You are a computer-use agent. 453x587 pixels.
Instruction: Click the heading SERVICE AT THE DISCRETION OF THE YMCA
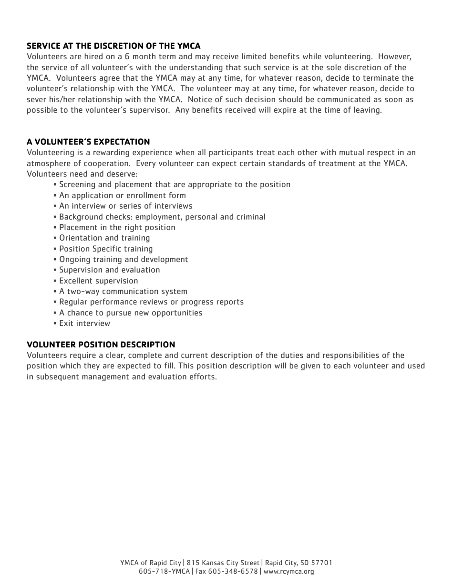click(113, 46)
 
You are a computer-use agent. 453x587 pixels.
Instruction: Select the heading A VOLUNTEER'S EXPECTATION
click(88, 142)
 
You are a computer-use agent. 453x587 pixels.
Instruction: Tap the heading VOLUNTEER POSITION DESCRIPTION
click(101, 345)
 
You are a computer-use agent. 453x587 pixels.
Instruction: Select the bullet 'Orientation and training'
click(104, 238)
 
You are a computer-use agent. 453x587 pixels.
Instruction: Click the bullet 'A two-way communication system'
click(123, 292)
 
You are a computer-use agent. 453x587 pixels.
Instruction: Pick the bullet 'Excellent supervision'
click(98, 281)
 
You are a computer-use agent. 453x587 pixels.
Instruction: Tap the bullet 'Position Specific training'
click(106, 249)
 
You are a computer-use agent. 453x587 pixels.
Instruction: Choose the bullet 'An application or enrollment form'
click(123, 195)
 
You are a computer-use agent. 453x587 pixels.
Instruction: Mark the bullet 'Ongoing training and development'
click(124, 260)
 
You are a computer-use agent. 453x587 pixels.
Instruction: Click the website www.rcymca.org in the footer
click(288, 571)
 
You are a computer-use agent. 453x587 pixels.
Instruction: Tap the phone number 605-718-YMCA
click(164, 571)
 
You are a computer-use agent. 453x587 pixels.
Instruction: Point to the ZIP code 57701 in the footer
click(321, 563)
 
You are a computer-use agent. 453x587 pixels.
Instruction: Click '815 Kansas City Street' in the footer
click(223, 563)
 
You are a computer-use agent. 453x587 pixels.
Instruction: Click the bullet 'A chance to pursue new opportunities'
click(131, 313)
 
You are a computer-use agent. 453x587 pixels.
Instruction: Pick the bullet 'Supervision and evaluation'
click(110, 270)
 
